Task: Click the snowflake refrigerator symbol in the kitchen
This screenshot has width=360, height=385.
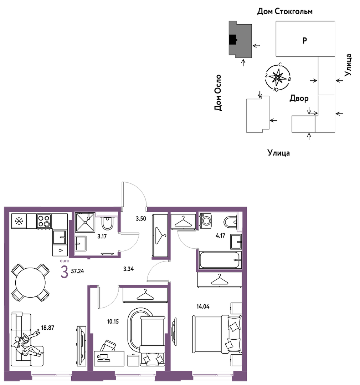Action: tap(19, 221)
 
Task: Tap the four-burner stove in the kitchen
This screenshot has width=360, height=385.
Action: tap(44, 221)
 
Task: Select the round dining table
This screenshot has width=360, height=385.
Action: tap(30, 282)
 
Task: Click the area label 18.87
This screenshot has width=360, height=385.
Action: tap(47, 328)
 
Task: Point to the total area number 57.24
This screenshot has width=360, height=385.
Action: tap(77, 271)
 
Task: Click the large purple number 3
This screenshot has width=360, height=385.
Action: tap(64, 272)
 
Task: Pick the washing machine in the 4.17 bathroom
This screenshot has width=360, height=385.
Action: tap(206, 221)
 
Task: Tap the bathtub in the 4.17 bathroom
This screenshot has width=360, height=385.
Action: tap(220, 260)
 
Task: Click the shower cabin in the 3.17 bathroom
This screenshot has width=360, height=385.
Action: tap(85, 222)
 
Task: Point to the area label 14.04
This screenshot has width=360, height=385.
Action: tap(203, 307)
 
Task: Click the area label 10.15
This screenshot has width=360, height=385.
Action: tap(113, 321)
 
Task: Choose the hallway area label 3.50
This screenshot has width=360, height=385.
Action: tap(141, 218)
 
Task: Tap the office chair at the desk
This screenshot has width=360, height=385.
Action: tap(108, 346)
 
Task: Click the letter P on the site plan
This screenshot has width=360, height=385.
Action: tap(305, 40)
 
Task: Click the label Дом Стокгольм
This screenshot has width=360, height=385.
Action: tap(285, 11)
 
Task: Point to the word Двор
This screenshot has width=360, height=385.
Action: tap(299, 98)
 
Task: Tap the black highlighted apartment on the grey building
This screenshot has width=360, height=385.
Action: tap(233, 40)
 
